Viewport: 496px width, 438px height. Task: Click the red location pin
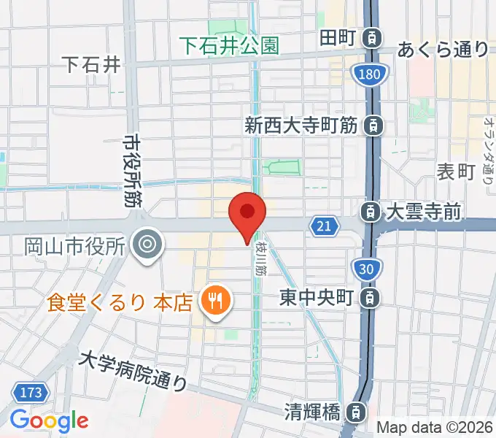click(x=247, y=213)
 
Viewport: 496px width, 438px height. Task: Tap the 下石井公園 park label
click(x=230, y=46)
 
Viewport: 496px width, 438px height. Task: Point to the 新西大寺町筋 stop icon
click(x=373, y=126)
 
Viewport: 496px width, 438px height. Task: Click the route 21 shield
click(x=324, y=227)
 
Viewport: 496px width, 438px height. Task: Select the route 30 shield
click(x=368, y=270)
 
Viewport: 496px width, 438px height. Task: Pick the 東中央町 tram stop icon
click(x=371, y=297)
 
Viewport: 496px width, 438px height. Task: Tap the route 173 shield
click(x=30, y=393)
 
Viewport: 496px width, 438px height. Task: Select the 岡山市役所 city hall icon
click(x=148, y=243)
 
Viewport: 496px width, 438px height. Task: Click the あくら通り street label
click(x=443, y=50)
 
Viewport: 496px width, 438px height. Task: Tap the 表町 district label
click(x=456, y=172)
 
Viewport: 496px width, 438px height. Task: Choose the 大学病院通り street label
click(x=133, y=370)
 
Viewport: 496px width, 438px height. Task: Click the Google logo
click(x=49, y=420)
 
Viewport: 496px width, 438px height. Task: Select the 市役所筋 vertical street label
click(x=132, y=169)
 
